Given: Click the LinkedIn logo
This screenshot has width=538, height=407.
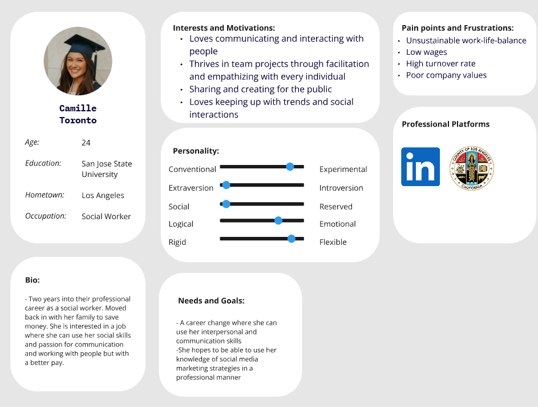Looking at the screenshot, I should point(420,167).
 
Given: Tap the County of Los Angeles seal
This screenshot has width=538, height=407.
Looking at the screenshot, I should point(472,168).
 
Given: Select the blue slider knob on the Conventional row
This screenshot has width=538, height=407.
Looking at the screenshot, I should point(290,167).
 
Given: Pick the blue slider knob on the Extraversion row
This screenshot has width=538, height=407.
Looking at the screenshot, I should point(226,185).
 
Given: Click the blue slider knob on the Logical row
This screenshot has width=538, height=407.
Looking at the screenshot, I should point(278,220).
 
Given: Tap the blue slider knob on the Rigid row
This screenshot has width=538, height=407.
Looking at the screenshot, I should point(292,239).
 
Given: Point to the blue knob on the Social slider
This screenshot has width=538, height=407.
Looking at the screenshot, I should point(226,204).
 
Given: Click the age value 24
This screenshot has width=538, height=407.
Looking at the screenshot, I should point(86,143).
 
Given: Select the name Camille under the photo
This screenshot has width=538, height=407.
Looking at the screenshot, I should point(78,108).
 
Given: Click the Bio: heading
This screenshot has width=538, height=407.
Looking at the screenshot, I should point(33,280).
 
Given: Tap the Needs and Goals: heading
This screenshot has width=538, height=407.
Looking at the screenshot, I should point(211,301).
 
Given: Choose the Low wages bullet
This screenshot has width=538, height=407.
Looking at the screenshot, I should point(426,52).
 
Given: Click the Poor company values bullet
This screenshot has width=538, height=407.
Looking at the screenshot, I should point(446,75).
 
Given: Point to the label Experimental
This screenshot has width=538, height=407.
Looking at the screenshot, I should point(343,170).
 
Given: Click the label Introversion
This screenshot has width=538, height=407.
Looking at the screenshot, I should point(341,188).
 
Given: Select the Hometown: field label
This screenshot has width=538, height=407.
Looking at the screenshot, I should point(45,195).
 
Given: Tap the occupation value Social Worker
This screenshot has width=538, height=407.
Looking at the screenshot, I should point(106,216).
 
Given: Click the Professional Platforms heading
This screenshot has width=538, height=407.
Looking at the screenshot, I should point(445,124).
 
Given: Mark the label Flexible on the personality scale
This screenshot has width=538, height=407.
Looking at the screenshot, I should point(333,242).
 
